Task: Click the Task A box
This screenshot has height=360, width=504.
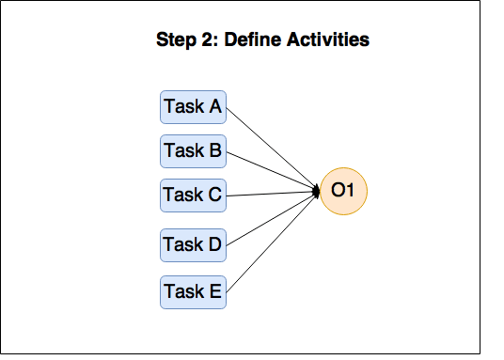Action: click(193, 107)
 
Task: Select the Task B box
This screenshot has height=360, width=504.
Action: click(193, 149)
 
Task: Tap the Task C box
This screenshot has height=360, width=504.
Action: click(193, 196)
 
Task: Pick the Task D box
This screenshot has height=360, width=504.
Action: click(193, 244)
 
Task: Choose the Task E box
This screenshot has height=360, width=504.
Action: click(193, 291)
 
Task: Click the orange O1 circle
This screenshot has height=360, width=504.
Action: click(343, 192)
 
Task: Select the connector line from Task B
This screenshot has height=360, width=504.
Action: click(273, 171)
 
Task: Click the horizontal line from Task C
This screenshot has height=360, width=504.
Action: click(273, 194)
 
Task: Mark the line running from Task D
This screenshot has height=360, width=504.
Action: click(273, 219)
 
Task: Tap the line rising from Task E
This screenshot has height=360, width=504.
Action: click(273, 242)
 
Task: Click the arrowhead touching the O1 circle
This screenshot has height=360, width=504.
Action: click(317, 192)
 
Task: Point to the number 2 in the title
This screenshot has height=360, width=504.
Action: click(208, 40)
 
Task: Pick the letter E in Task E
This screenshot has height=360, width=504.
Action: click(215, 291)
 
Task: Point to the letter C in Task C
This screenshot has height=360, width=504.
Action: click(214, 196)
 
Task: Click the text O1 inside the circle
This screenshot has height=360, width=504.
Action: click(343, 192)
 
